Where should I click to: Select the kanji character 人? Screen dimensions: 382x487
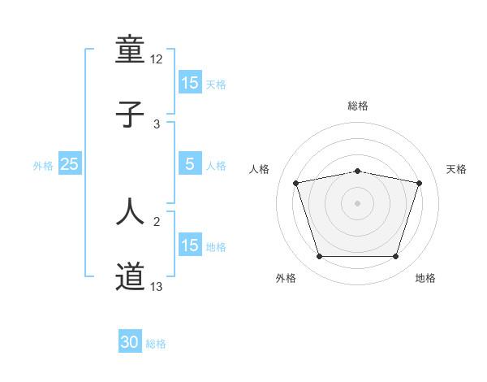131,211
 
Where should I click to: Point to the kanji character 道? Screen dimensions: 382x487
131,277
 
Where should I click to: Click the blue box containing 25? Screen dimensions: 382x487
70,164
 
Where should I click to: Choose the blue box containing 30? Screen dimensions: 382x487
130,343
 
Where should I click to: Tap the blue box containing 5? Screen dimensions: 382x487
190,164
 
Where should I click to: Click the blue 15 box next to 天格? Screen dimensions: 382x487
190,83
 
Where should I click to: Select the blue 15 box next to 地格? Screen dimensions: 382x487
190,245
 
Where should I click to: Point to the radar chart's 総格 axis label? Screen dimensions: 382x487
358,106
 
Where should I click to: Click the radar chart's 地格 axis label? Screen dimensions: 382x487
425,278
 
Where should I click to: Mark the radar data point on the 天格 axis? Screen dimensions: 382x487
420,183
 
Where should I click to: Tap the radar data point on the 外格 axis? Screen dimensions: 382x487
319,257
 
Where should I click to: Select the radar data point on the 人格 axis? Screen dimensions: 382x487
296,183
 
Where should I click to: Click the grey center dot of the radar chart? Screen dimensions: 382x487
358,203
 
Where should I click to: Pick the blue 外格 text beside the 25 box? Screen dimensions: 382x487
43,165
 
